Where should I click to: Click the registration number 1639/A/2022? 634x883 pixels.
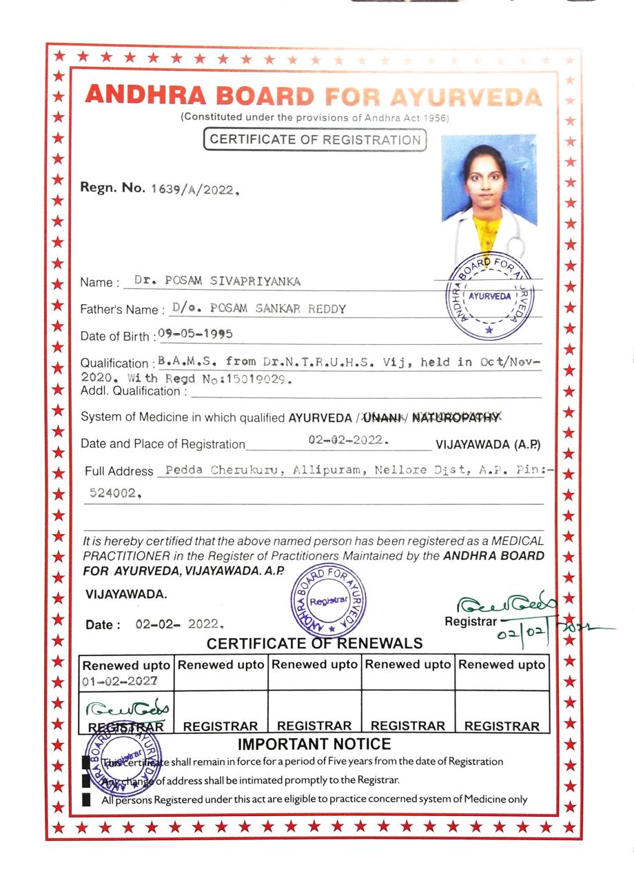[x=194, y=189]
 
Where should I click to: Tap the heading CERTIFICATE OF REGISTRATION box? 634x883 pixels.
[x=315, y=139]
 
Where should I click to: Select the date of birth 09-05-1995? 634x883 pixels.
[x=195, y=334]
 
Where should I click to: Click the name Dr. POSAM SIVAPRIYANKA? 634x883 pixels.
[x=217, y=281]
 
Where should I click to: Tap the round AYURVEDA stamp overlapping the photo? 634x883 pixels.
[x=490, y=297]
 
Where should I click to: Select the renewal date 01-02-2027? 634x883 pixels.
[x=120, y=680]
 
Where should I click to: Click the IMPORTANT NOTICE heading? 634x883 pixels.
[x=314, y=744]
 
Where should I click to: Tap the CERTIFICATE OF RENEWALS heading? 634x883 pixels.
[x=314, y=644]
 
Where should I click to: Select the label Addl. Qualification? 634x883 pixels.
[x=134, y=392]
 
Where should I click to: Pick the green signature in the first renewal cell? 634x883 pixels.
[x=127, y=708]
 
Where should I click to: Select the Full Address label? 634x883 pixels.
[x=119, y=471]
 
